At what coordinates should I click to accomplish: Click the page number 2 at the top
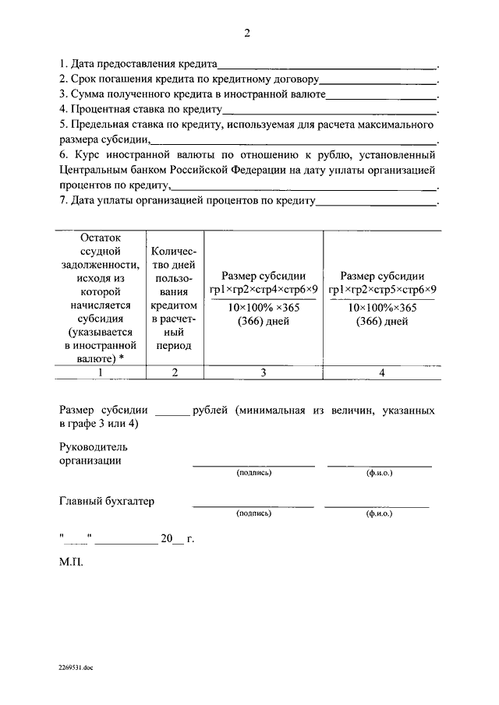247,33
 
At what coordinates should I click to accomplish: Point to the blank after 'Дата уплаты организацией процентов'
376,203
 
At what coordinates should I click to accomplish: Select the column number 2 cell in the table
175,372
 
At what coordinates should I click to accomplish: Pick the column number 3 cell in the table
264,372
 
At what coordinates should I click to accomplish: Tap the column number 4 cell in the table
382,372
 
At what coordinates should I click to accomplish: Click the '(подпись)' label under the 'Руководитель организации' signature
254,473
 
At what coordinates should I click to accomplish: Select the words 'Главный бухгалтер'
106,501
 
